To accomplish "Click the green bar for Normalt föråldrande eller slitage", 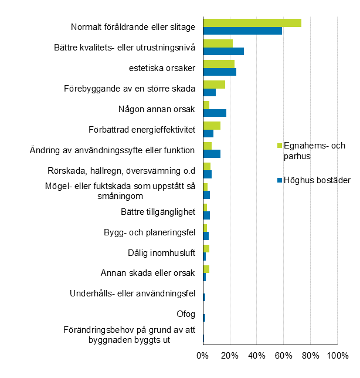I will [252, 23].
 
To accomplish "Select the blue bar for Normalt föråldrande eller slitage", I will [242, 31].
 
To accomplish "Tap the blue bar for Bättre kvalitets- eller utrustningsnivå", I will [223, 51].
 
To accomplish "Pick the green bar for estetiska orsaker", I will [219, 64].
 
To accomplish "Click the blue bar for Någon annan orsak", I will [215, 113].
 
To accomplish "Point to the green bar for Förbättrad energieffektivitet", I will [212, 126].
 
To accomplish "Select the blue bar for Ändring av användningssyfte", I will [212, 154].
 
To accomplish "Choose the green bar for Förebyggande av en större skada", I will [214, 85].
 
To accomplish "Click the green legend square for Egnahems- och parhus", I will [279, 146].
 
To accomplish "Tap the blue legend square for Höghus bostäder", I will [279, 180].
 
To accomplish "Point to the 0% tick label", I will [202, 356].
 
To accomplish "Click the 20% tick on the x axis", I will [229, 356].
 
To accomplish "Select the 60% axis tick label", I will [283, 356].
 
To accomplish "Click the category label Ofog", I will [186, 314].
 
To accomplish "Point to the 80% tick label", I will [310, 356].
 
